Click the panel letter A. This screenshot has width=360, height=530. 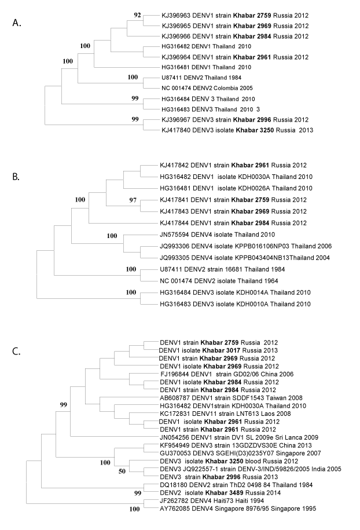[17, 23]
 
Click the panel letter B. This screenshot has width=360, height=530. [16, 177]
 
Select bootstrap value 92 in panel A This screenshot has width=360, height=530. [137, 15]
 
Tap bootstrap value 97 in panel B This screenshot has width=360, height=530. [133, 200]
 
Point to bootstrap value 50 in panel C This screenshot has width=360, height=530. [122, 471]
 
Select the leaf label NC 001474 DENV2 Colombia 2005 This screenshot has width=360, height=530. [207, 88]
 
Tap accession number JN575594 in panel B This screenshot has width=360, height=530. [174, 235]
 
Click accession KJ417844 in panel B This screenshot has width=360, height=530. [174, 223]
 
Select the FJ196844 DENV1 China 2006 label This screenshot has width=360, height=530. [227, 374]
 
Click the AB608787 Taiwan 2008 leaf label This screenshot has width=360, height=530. [231, 398]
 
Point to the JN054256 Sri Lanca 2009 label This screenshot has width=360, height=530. [239, 437]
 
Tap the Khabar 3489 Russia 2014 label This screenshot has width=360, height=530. [220, 493]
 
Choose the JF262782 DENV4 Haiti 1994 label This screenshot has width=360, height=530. [212, 500]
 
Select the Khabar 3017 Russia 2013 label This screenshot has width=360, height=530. [219, 350]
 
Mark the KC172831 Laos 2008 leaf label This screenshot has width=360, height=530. [225, 414]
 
